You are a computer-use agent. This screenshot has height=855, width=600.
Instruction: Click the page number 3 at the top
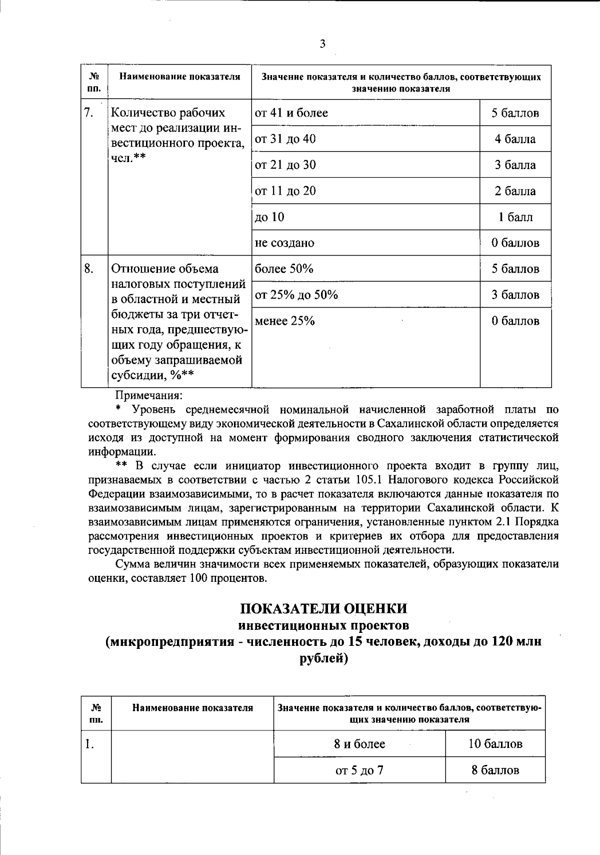point(322,44)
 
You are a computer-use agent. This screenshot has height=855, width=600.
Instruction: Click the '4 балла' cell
point(515,139)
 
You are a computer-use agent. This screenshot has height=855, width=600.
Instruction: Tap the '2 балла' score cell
point(515,191)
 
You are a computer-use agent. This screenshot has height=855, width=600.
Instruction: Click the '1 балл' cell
point(515,217)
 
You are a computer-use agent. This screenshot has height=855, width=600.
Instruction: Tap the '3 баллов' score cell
point(515,295)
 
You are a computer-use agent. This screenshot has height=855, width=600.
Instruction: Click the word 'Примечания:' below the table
point(149,395)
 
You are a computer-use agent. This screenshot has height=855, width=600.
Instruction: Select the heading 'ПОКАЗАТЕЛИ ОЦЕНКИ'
point(323,608)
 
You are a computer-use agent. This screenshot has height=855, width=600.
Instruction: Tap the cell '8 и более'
point(359,744)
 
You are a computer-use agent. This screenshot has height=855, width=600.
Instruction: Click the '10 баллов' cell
point(495,744)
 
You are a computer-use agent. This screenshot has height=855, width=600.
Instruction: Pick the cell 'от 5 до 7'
point(359,770)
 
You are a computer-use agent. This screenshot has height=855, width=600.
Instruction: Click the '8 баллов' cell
point(495,770)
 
